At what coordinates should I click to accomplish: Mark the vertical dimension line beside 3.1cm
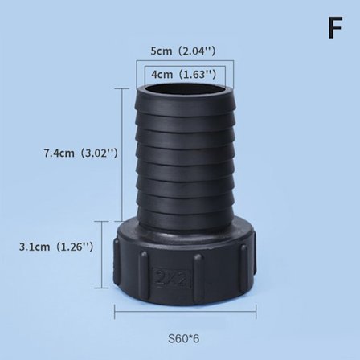pyautogui.click(x=103, y=255)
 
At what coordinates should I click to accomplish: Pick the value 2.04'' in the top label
pyautogui.click(x=199, y=51)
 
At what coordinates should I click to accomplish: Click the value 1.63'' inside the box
pyautogui.click(x=198, y=74)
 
